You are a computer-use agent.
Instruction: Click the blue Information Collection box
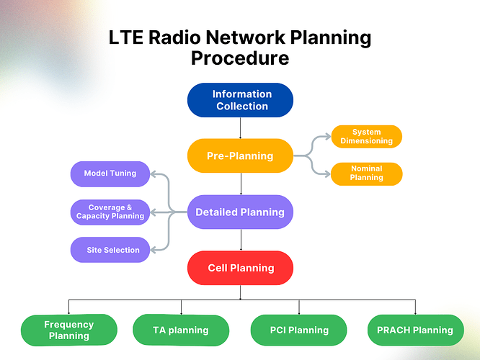(x=240, y=100)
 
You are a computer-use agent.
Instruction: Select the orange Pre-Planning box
(x=240, y=156)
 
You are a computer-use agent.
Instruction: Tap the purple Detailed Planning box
(x=240, y=212)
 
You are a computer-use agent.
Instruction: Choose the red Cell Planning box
(x=240, y=268)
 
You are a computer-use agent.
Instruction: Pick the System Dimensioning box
(x=366, y=136)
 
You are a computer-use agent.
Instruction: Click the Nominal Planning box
(x=366, y=174)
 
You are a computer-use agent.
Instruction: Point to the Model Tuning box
(x=110, y=174)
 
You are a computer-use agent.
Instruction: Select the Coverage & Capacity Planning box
(x=110, y=212)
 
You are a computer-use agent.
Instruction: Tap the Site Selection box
(x=110, y=250)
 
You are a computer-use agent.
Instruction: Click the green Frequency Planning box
(x=69, y=330)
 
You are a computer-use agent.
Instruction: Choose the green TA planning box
(x=181, y=330)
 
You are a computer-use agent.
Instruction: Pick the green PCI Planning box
(x=299, y=330)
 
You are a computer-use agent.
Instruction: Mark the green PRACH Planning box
(x=415, y=330)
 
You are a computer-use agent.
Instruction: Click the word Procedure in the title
(x=240, y=58)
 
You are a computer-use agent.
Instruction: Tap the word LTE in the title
(x=126, y=37)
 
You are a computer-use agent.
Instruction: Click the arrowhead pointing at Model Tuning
(x=154, y=174)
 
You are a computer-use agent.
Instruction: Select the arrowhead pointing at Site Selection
(x=154, y=250)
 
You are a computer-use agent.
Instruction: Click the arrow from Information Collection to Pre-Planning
(x=240, y=128)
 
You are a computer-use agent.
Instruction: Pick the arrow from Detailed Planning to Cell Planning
(x=241, y=240)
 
